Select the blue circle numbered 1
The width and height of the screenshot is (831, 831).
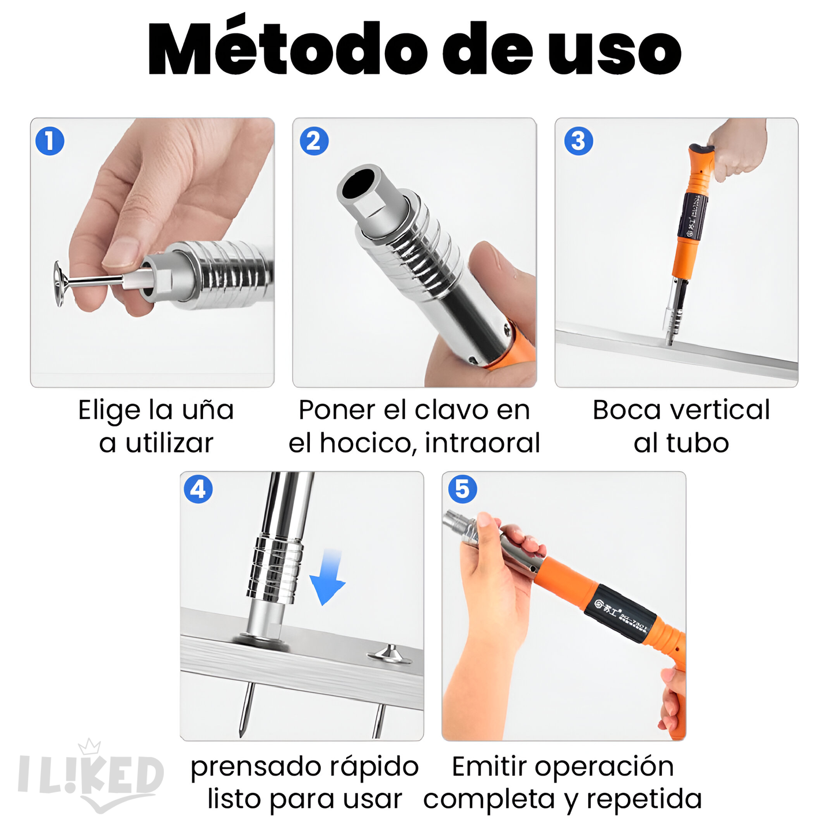coord(50,141)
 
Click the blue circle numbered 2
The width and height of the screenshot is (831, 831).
coord(314,141)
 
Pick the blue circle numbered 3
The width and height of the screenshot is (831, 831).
coord(578,141)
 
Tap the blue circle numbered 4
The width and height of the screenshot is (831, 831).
coord(198,489)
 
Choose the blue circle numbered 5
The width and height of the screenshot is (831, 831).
coord(462,489)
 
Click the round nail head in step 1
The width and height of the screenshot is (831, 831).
coord(59,283)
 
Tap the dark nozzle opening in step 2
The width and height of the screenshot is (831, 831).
coord(359,185)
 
